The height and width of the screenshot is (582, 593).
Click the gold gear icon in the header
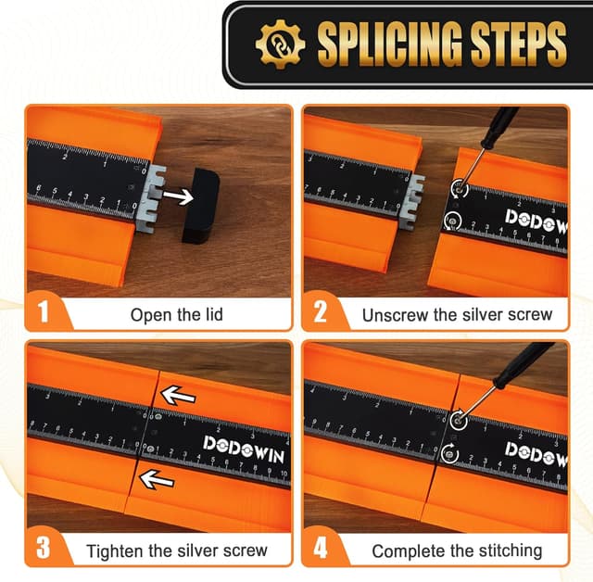(x=280, y=44)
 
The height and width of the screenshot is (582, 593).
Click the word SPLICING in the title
(x=390, y=44)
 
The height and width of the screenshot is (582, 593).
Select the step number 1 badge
(x=44, y=312)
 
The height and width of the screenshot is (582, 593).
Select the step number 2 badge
(x=320, y=312)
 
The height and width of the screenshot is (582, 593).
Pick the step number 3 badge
(x=44, y=548)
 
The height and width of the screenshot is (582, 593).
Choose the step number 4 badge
(x=320, y=548)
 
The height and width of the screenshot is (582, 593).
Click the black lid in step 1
(x=200, y=206)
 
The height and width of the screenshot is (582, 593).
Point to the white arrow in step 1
(x=178, y=196)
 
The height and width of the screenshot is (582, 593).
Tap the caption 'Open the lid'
(x=177, y=315)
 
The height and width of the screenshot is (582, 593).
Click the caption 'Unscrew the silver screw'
(x=457, y=315)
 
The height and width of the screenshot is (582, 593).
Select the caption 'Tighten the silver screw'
(x=177, y=550)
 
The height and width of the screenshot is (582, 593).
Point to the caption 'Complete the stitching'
(x=457, y=551)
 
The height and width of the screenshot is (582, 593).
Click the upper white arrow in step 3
(x=178, y=396)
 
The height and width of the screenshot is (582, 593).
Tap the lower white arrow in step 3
(x=157, y=479)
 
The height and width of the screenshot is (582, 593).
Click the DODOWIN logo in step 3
(x=244, y=449)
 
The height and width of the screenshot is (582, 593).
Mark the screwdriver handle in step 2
(x=498, y=126)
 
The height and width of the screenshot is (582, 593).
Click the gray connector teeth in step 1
(x=154, y=197)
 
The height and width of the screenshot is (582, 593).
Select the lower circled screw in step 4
(x=450, y=452)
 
